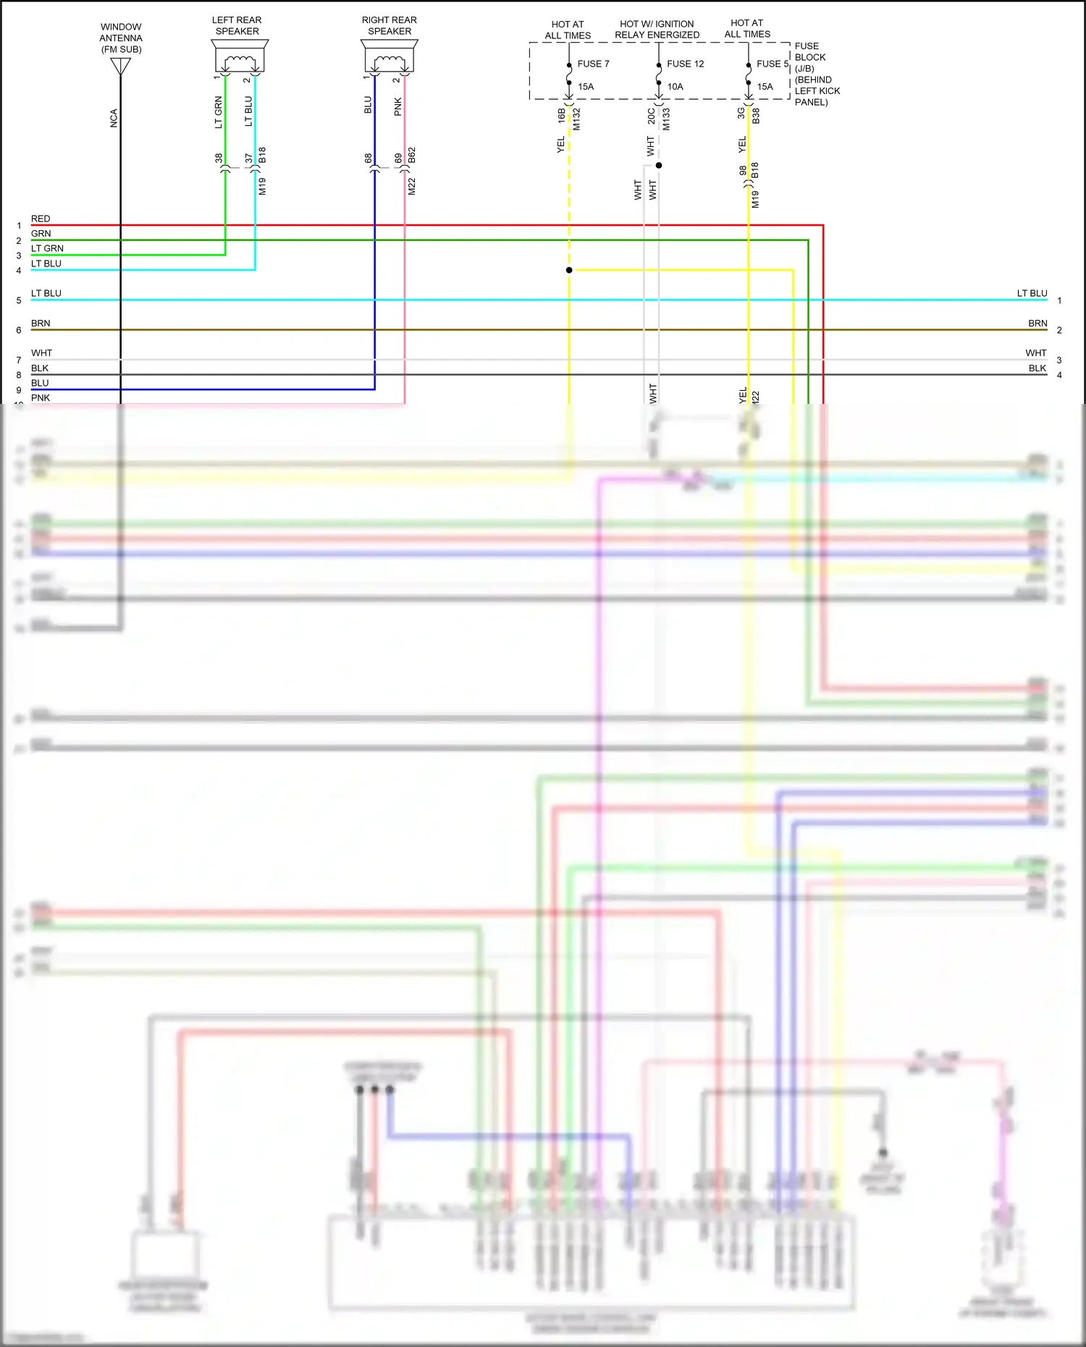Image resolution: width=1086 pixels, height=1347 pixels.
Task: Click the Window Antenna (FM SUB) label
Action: click(121, 38)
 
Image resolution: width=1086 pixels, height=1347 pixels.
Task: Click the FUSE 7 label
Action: click(593, 64)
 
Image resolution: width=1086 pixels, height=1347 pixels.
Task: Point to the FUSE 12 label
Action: click(685, 64)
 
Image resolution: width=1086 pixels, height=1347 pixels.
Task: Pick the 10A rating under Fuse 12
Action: click(675, 87)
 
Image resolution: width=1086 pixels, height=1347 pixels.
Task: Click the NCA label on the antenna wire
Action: click(114, 119)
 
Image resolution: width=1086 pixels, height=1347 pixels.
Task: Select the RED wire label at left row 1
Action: click(41, 219)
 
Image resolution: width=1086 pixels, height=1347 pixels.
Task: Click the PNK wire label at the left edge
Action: click(41, 397)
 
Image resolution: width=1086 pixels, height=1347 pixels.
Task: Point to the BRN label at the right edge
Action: click(1037, 324)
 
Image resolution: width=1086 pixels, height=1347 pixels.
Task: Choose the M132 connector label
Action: click(577, 119)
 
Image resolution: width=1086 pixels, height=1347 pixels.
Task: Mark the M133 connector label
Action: click(666, 119)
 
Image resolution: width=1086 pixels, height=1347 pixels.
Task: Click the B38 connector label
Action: click(756, 116)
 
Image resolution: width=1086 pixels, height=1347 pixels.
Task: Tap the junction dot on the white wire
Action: click(659, 166)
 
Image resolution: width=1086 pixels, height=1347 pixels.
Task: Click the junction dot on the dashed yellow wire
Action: click(569, 270)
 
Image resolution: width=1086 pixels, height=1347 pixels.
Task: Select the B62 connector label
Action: click(412, 156)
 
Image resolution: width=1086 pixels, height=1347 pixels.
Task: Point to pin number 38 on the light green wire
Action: click(219, 158)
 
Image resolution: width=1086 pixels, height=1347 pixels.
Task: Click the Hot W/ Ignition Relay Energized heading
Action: click(657, 30)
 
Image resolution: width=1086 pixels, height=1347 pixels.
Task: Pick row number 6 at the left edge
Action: click(19, 330)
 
